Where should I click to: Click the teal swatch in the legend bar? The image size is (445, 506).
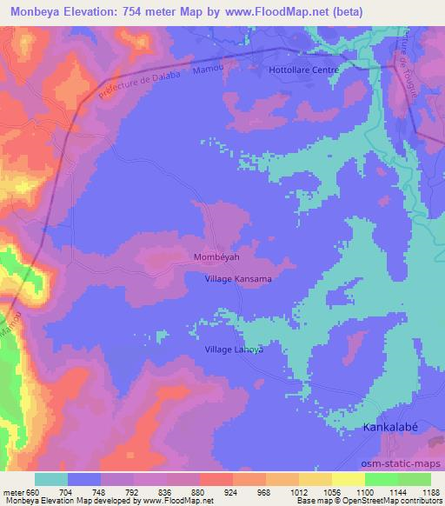coord(50,479)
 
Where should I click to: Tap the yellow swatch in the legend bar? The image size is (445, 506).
coord(349,479)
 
